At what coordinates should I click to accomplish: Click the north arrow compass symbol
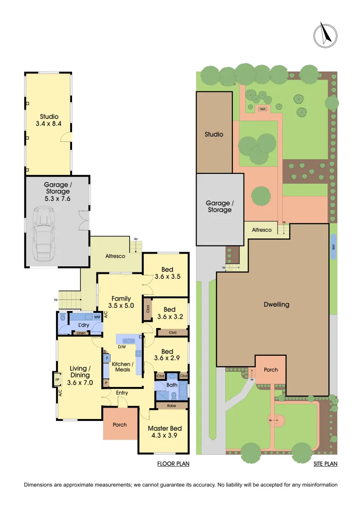pyautogui.click(x=325, y=34)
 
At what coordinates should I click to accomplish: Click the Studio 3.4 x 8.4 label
pyautogui.click(x=49, y=120)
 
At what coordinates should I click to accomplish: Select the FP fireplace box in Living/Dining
pyautogui.click(x=57, y=379)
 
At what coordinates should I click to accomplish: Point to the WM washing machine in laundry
pyautogui.click(x=97, y=317)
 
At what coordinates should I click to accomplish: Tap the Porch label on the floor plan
pyautogui.click(x=120, y=425)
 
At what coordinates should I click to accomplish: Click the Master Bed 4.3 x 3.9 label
pyautogui.click(x=164, y=432)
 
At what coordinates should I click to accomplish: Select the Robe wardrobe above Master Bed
pyautogui.click(x=172, y=405)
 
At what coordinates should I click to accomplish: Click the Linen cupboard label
pyautogui.click(x=81, y=333)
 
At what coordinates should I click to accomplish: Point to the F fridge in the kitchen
pyautogui.click(x=107, y=358)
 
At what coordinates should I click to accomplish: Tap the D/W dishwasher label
pyautogui.click(x=122, y=348)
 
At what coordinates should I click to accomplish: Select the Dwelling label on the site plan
pyautogui.click(x=277, y=304)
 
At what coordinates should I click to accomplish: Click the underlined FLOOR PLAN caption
pyautogui.click(x=173, y=464)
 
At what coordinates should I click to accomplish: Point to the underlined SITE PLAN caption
pyautogui.click(x=326, y=464)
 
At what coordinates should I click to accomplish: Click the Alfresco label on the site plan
pyautogui.click(x=262, y=230)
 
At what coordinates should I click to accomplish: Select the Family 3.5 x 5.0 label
pyautogui.click(x=121, y=302)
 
